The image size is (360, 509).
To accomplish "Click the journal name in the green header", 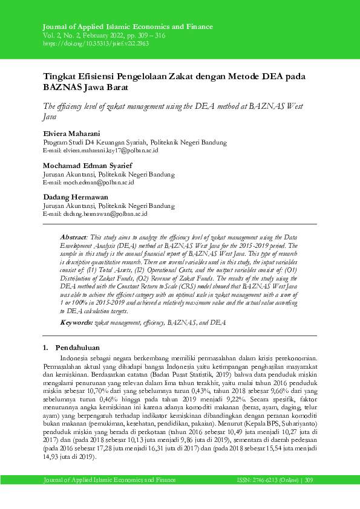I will (128, 27).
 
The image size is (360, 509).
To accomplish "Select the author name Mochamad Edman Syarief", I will (88, 165).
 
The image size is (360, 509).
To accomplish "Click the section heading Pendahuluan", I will (78, 348).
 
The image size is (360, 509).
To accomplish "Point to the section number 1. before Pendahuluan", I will (46, 348).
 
